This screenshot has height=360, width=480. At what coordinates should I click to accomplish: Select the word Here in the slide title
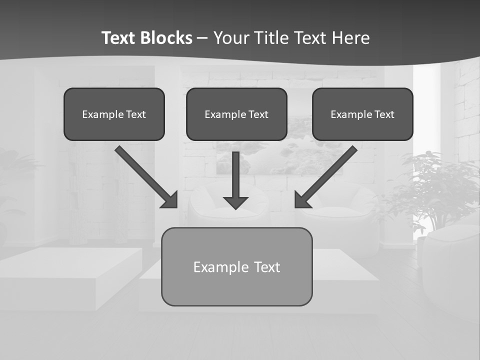click(x=350, y=38)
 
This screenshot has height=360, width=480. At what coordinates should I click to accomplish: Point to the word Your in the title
click(x=232, y=38)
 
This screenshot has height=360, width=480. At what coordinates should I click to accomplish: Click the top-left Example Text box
click(x=114, y=114)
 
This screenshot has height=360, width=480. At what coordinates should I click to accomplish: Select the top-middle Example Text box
click(x=236, y=114)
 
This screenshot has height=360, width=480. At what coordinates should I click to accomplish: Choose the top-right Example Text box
click(x=362, y=114)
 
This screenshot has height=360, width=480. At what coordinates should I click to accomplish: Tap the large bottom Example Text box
click(x=236, y=266)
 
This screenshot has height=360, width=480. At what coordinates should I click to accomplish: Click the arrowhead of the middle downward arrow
click(x=236, y=203)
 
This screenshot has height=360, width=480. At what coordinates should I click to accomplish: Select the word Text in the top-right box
click(x=384, y=114)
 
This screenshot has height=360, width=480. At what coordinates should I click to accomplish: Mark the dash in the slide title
click(x=202, y=38)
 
